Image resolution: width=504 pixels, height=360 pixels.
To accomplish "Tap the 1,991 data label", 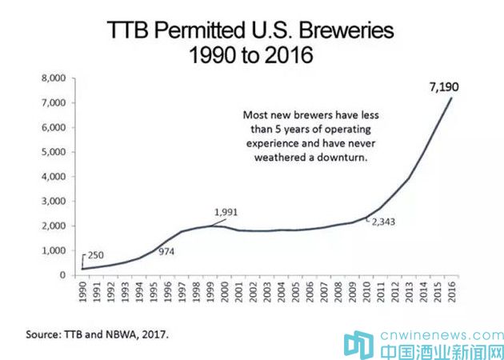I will click(226, 211).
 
